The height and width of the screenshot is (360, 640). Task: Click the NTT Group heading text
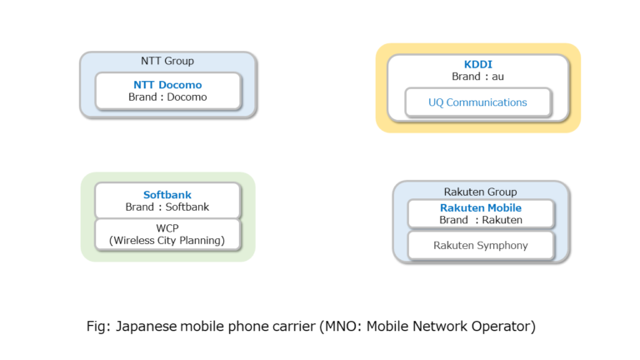167,61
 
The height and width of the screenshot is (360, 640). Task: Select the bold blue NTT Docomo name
167,84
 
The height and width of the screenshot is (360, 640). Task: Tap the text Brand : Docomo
167,97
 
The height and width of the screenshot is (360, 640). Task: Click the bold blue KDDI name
478,64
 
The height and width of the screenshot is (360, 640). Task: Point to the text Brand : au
478,77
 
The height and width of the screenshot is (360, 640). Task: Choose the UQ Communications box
477,102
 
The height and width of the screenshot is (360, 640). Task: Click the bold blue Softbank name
167,195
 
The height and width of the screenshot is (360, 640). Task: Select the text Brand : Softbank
167,207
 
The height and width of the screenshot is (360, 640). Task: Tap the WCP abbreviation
167,228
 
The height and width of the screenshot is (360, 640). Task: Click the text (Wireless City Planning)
167,241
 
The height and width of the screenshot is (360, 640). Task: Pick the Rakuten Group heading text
481,192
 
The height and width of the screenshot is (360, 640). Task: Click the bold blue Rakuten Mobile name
481,207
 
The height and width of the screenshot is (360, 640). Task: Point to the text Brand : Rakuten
481,220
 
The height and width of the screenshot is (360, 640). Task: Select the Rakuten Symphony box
481,245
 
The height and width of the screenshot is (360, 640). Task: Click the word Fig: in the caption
99,326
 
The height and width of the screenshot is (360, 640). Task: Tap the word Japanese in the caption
147,326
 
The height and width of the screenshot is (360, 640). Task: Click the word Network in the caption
438,326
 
